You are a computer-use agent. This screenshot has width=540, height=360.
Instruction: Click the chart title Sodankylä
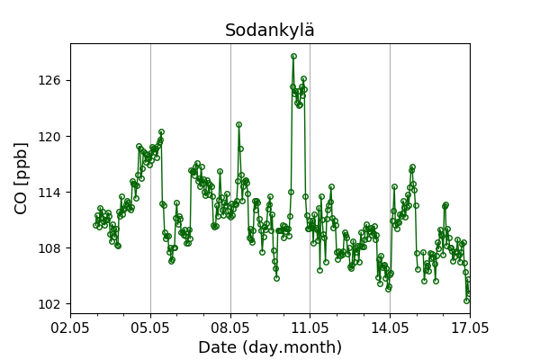[x=270, y=30]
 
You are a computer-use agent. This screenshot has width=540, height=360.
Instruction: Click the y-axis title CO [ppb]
[x=21, y=178]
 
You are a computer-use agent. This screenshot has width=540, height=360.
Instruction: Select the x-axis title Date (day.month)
[x=270, y=347]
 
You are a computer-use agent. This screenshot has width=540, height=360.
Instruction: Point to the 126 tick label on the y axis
[x=49, y=80]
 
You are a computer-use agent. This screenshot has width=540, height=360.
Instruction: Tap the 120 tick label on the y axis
[x=49, y=137]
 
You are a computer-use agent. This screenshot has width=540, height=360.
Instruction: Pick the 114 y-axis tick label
[x=49, y=193]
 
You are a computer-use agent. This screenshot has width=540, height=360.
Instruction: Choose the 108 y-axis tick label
[x=49, y=248]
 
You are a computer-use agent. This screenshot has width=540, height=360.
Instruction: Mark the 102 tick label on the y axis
[x=49, y=304]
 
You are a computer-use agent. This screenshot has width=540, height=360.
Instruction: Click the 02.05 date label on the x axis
[x=70, y=328]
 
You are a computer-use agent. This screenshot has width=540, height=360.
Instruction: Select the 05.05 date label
[x=150, y=328]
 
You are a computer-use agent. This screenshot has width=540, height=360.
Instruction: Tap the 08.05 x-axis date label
[x=230, y=328]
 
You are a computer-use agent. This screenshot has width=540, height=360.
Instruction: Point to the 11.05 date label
[x=310, y=328]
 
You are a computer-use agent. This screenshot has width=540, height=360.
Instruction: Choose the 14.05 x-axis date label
[x=390, y=328]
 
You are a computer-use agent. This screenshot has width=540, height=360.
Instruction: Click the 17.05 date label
[x=470, y=328]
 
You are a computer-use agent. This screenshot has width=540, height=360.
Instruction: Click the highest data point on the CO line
[x=293, y=56]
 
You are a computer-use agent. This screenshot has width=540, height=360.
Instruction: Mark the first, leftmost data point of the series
[x=95, y=225]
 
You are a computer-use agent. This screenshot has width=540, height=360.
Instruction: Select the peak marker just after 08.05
[x=238, y=124]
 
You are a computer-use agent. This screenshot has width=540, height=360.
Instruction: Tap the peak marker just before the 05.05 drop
[x=161, y=131]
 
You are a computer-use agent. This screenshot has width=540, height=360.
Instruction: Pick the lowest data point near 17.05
[x=466, y=301]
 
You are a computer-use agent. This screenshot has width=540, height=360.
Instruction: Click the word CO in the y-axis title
[x=21, y=206]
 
